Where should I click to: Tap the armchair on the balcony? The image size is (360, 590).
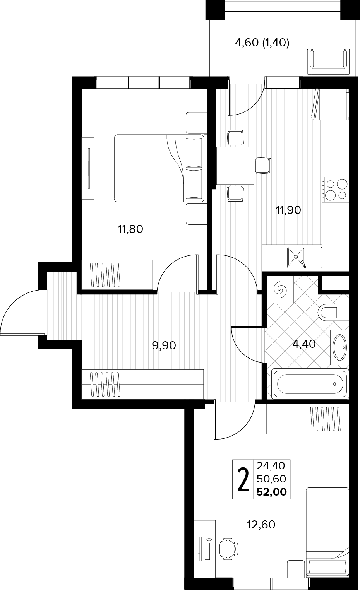pos(328,62)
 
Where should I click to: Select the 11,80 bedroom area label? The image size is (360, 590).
pos(130,229)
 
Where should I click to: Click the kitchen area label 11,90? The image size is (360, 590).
pos(288,210)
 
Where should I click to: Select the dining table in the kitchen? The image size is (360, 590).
pos(235,166)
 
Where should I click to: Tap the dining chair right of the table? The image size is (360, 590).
pos(263,166)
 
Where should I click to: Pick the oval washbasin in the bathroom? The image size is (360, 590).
pos(340,347)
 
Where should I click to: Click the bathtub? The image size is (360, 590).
pos(310,384)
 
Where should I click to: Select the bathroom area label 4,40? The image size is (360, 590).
pos(304,344)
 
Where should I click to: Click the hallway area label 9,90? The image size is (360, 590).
pos(164,345)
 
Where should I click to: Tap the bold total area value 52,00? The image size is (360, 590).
pos(272,492)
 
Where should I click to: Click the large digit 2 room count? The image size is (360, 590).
pos(243,480)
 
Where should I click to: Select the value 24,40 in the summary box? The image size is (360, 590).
pos(271,466)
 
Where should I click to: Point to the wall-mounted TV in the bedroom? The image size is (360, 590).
pos(88,168)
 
